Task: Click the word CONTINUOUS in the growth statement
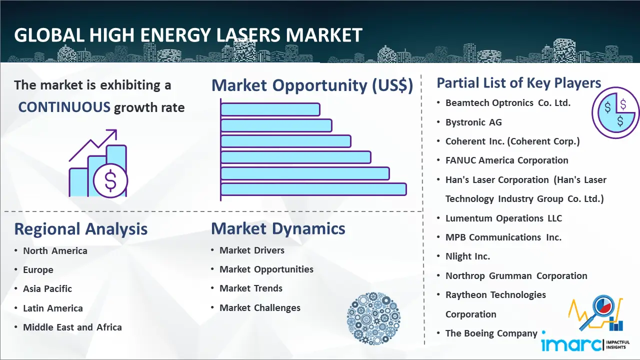coord(64,107)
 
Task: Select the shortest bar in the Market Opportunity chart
coord(270,109)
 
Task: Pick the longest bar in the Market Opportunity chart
coord(313,189)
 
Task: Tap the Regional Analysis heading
coord(80,229)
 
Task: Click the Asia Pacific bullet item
coord(47,289)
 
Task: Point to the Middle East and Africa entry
coord(72,327)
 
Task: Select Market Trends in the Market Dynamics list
coord(251,288)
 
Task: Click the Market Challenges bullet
coord(260,308)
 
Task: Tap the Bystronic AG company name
coord(473,122)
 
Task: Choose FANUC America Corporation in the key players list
coord(507,160)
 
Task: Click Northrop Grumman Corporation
coord(516,276)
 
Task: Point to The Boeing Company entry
coord(491,333)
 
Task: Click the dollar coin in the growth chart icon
coord(110,180)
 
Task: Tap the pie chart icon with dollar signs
coord(615,113)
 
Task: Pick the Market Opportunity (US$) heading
coord(312,85)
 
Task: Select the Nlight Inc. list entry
coord(467,256)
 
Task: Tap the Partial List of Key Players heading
coord(518,83)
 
